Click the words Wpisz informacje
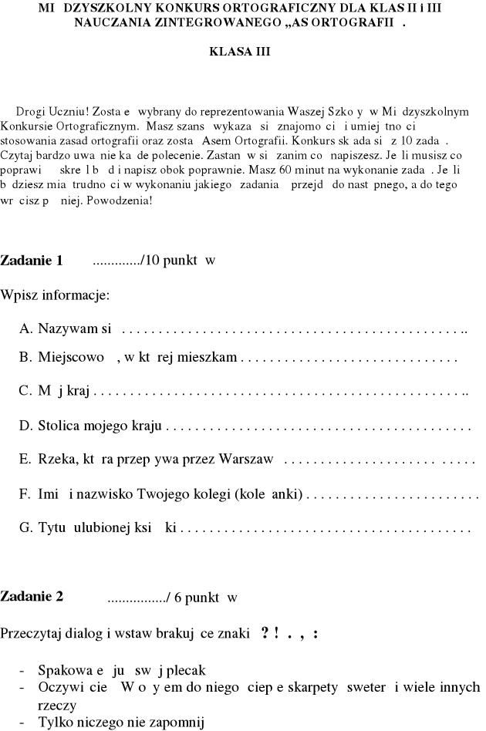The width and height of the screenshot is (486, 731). coord(55,295)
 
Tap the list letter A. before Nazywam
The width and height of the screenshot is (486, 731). coord(25,330)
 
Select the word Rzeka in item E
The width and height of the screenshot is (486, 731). coord(56,460)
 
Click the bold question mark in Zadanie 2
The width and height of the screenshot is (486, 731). coord(265,633)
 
